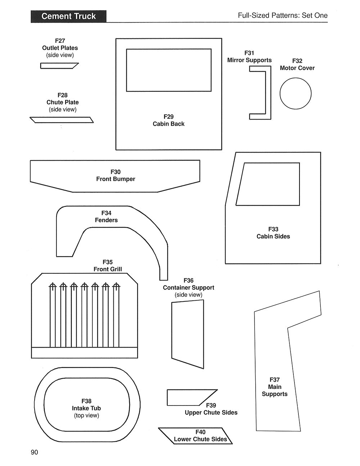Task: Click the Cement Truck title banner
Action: point(68,16)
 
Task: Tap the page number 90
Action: point(34,452)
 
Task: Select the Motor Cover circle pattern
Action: point(296,94)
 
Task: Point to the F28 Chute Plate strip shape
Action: point(62,120)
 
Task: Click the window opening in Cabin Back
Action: point(168,70)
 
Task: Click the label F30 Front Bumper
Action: point(116,175)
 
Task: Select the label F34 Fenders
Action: point(106,216)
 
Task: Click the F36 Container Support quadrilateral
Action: point(188,334)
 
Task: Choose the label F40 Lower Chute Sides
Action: point(200,436)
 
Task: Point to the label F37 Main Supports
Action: point(275,387)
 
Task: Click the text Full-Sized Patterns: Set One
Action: point(283,15)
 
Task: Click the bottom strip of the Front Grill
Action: point(85,353)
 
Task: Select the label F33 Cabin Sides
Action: point(273,233)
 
